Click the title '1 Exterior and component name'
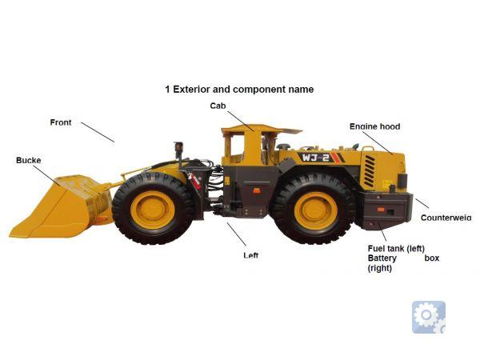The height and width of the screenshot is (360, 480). (239, 90)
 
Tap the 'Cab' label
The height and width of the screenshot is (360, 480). (218, 106)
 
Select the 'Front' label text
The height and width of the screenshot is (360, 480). (61, 122)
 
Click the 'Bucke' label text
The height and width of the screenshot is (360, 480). (29, 161)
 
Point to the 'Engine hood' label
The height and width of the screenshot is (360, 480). (374, 126)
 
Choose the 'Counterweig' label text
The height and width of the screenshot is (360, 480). (446, 218)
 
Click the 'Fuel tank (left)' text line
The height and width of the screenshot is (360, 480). (396, 248)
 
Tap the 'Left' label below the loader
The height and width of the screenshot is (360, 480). (251, 255)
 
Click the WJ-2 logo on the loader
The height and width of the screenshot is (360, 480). (316, 158)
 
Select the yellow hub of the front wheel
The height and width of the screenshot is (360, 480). (153, 210)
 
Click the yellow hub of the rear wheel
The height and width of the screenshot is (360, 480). (316, 211)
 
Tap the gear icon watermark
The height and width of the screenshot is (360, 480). (429, 317)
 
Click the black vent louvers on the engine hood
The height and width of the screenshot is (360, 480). (370, 171)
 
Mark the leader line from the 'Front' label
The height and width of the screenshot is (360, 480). (98, 132)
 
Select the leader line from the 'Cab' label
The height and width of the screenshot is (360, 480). (241, 122)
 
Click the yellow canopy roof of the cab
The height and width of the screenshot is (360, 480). (261, 129)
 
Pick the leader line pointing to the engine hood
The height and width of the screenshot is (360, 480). (378, 143)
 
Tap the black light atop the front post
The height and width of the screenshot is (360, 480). (178, 146)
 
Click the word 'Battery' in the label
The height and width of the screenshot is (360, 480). (382, 258)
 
